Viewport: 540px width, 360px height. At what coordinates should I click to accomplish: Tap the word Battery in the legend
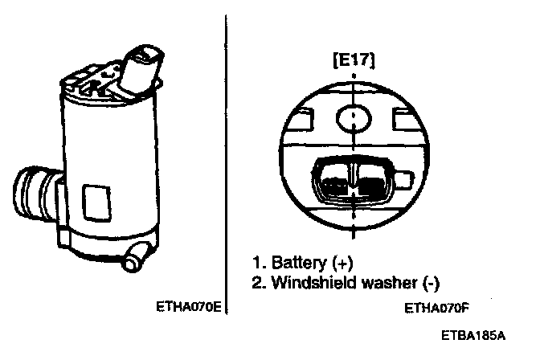click(x=297, y=264)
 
